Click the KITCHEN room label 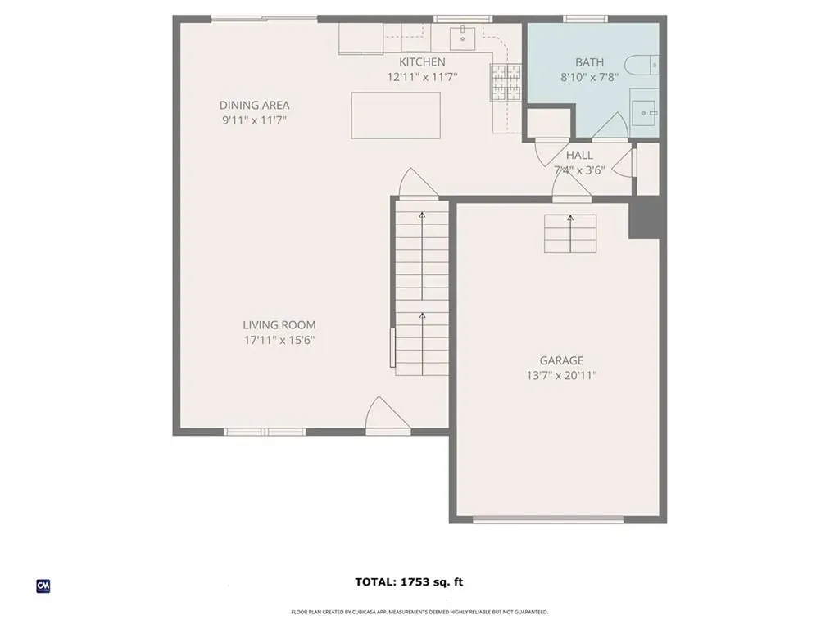click(x=422, y=62)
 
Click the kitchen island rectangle click(x=396, y=115)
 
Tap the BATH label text click(x=589, y=62)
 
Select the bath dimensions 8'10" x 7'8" click(x=589, y=77)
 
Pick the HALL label click(x=579, y=156)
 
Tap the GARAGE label click(x=561, y=360)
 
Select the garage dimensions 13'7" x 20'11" click(x=561, y=375)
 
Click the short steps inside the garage click(x=570, y=233)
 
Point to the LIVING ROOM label click(x=279, y=325)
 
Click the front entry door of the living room click(x=387, y=415)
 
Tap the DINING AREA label click(x=254, y=105)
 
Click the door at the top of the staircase click(x=417, y=185)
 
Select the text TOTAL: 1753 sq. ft click(x=409, y=582)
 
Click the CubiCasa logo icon click(x=43, y=586)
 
